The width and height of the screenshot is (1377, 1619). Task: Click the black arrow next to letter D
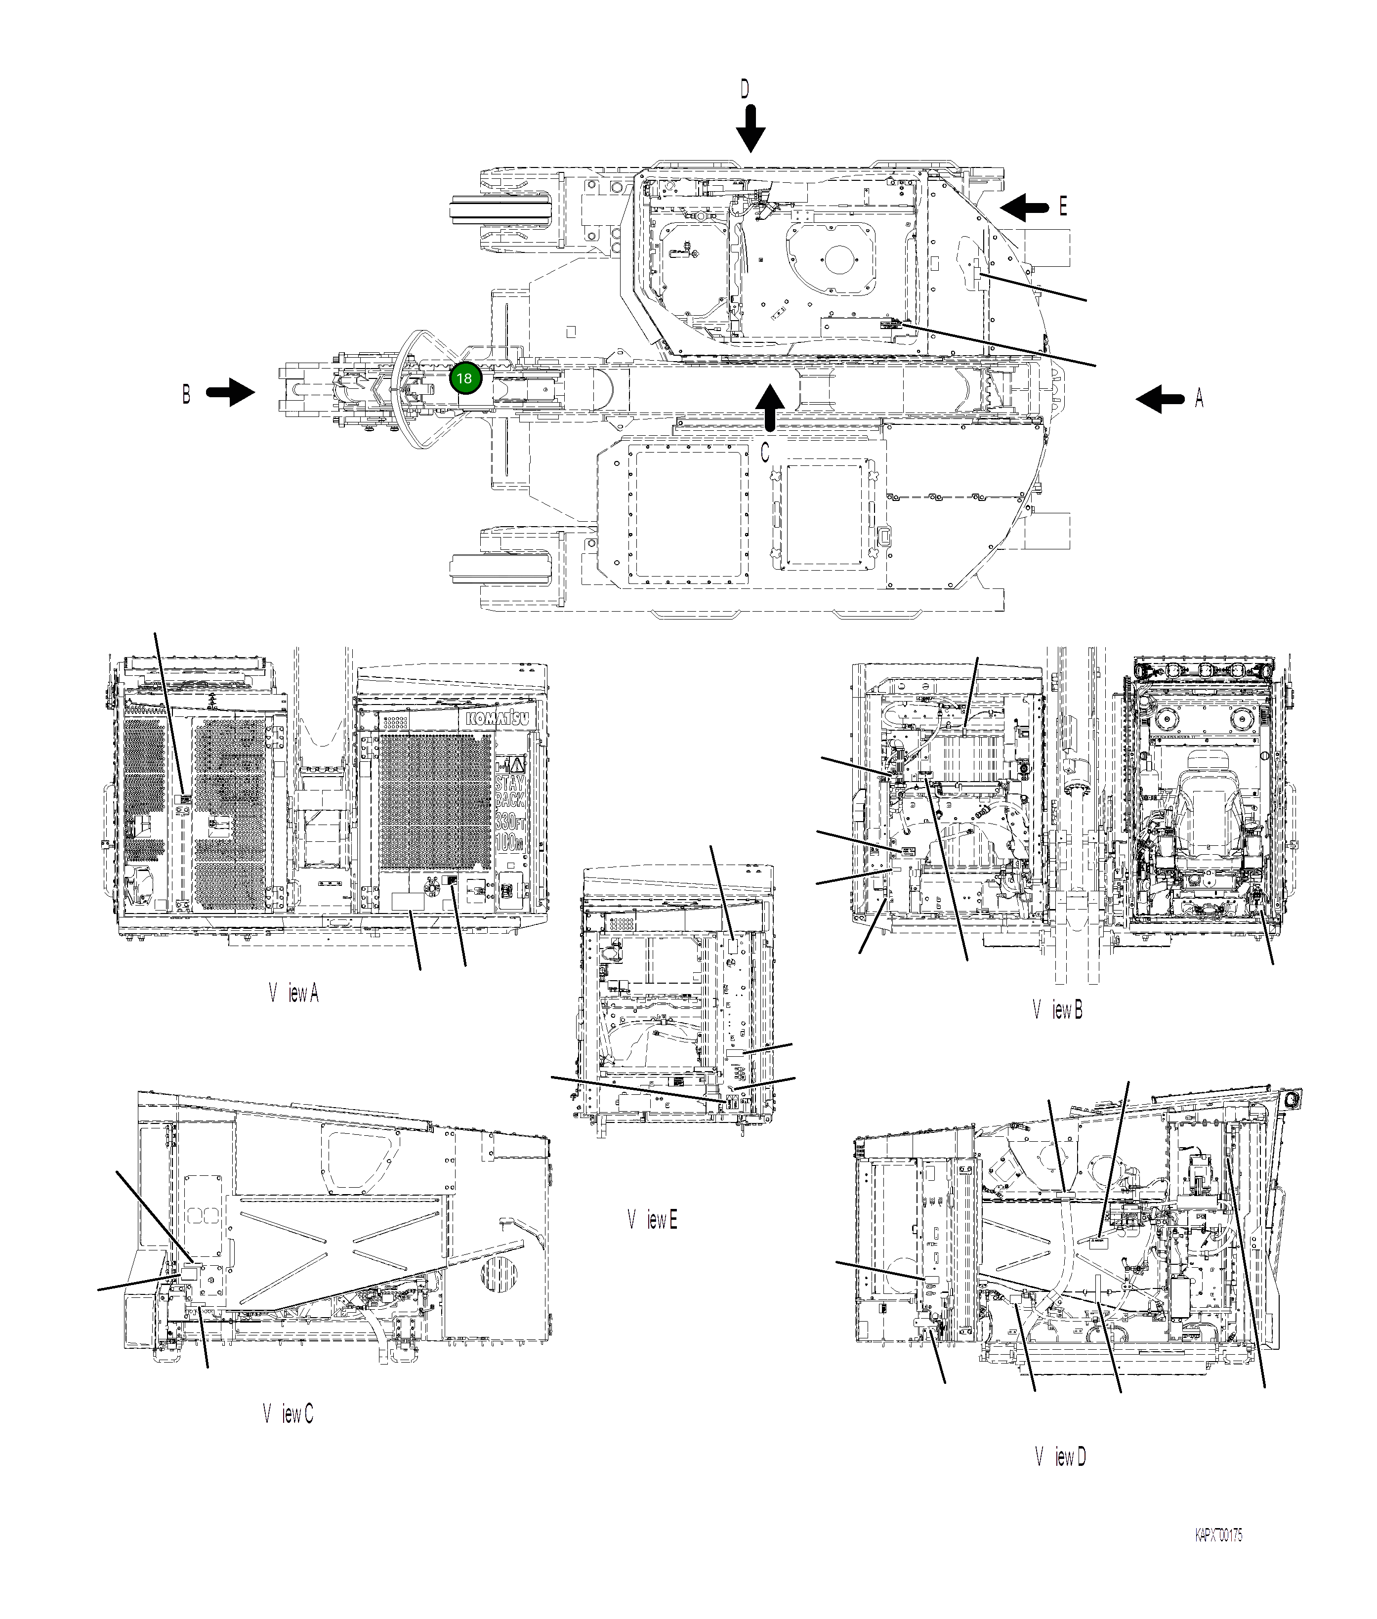click(751, 129)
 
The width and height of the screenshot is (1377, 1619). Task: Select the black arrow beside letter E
click(1024, 207)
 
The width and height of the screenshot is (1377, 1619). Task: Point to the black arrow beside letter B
click(231, 393)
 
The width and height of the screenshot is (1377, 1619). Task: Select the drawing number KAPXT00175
click(1218, 1536)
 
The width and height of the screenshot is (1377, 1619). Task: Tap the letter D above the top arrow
click(745, 90)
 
